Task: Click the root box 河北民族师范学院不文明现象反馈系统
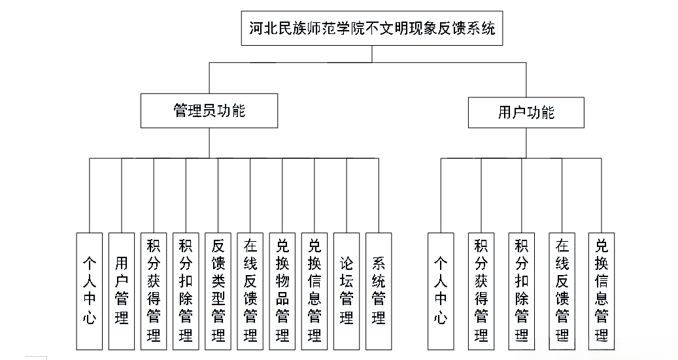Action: pyautogui.click(x=372, y=29)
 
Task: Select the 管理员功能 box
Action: pyautogui.click(x=209, y=110)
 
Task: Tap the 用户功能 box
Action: pyautogui.click(x=525, y=112)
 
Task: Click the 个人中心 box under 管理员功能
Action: pyautogui.click(x=89, y=291)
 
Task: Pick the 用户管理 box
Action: pyautogui.click(x=122, y=291)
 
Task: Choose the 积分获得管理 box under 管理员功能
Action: pyautogui.click(x=154, y=291)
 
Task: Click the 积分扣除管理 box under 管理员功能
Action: pyautogui.click(x=186, y=291)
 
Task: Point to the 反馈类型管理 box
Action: pyautogui.click(x=218, y=291)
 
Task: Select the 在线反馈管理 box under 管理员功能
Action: pyautogui.click(x=250, y=291)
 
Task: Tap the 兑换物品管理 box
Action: pyautogui.click(x=282, y=291)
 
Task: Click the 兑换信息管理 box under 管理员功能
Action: pyautogui.click(x=314, y=291)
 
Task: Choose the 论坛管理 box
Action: pyautogui.click(x=347, y=291)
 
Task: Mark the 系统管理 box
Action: pyautogui.click(x=379, y=291)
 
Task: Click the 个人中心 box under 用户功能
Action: pyautogui.click(x=441, y=291)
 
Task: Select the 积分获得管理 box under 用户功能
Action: pyautogui.click(x=481, y=291)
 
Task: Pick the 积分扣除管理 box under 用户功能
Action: pyautogui.click(x=521, y=291)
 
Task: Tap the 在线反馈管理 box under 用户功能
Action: pyautogui.click(x=562, y=291)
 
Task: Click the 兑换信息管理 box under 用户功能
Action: pyautogui.click(x=602, y=291)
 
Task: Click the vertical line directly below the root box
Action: pyautogui.click(x=372, y=54)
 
